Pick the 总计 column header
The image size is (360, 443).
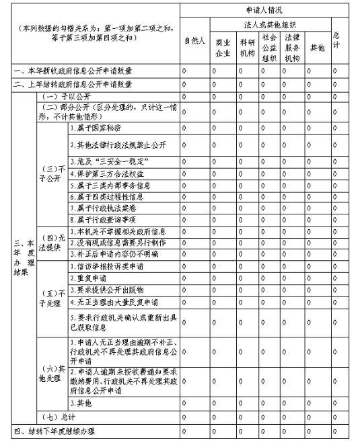(336, 40)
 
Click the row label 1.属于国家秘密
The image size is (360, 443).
(97, 126)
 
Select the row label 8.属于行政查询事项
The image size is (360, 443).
(102, 219)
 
